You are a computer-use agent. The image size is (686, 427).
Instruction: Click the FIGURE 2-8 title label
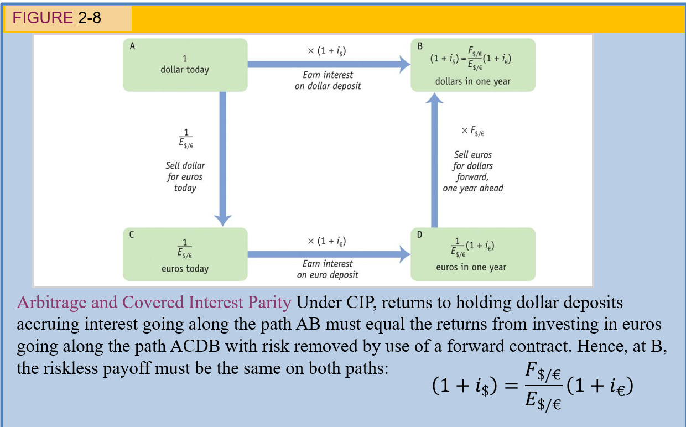click(57, 18)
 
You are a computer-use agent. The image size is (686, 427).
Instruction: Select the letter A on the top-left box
click(132, 47)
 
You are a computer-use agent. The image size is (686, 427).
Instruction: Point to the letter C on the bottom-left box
click(132, 235)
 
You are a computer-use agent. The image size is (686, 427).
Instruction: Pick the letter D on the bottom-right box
click(419, 235)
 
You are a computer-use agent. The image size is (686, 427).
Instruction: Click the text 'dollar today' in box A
click(185, 70)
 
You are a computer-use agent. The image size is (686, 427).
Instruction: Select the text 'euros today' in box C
click(185, 269)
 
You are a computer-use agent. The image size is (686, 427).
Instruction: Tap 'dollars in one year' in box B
click(472, 81)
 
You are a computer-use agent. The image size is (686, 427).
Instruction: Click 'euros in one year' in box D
click(471, 268)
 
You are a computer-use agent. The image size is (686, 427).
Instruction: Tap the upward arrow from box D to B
click(434, 160)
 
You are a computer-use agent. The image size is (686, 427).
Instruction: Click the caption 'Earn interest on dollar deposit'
click(328, 80)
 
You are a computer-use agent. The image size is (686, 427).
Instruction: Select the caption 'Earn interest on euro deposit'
click(328, 269)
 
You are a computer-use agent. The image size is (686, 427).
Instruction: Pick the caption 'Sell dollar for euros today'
click(185, 176)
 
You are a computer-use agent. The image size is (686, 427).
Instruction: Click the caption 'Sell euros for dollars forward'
click(473, 171)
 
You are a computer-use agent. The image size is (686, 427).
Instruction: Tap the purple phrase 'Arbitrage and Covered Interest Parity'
click(154, 303)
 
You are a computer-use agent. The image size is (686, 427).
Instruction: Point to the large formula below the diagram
click(532, 387)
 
